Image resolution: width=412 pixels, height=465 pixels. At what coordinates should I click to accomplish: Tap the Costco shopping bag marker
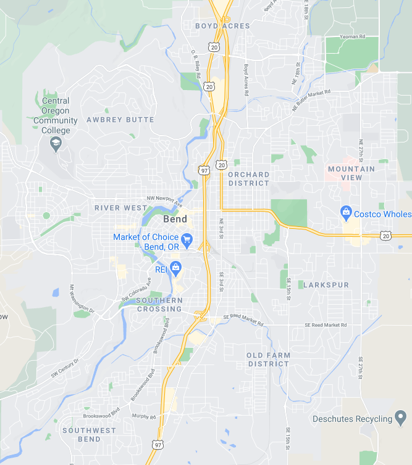point(347,213)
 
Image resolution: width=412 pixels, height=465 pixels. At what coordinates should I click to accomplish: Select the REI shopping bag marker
point(175,267)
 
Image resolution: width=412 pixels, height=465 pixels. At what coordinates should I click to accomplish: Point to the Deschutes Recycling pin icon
point(400,419)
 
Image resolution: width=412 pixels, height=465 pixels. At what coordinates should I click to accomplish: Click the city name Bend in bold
point(175,220)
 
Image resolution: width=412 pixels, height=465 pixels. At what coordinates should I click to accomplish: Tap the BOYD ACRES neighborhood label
point(222,26)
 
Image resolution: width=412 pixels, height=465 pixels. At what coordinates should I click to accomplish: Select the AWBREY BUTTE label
point(120,120)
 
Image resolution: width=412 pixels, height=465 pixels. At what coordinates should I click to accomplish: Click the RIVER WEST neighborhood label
point(120,208)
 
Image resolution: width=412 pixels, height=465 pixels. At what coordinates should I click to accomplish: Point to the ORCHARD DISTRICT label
point(248,179)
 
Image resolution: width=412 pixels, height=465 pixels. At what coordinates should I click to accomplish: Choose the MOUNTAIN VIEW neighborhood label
point(351,173)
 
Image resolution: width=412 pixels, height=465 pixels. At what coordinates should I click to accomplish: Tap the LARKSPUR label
point(326,285)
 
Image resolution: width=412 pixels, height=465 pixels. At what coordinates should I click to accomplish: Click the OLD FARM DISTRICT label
point(268,360)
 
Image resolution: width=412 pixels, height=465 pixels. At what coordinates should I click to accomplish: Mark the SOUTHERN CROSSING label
point(159,305)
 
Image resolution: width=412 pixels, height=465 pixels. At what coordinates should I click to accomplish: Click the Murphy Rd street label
point(144,417)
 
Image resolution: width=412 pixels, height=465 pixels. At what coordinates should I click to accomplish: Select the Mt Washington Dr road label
point(81,298)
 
